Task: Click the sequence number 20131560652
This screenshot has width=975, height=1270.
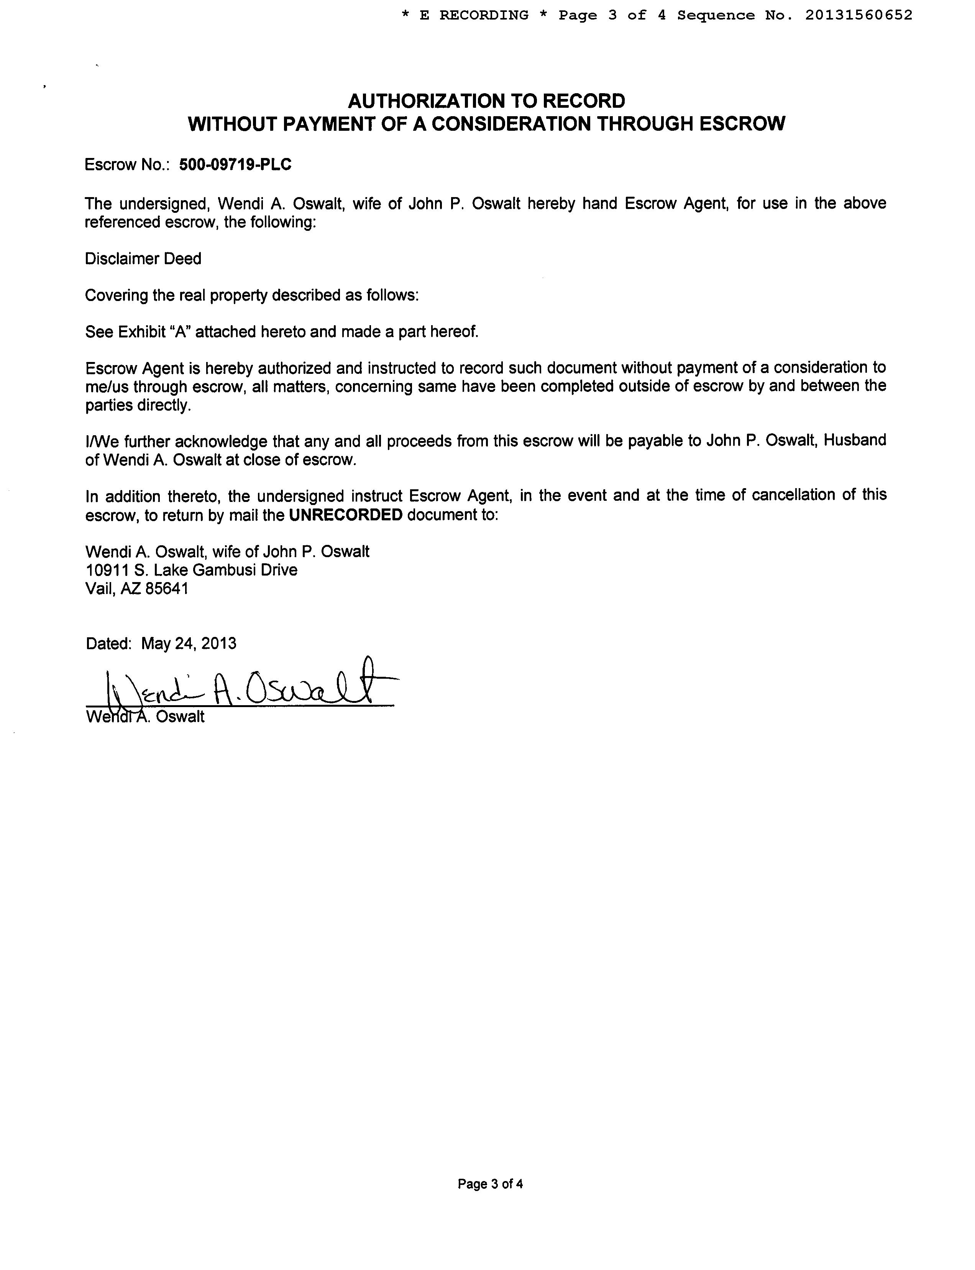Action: point(858,15)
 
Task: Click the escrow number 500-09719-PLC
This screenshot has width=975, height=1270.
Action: point(235,165)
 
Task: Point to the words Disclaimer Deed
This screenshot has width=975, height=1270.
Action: point(143,259)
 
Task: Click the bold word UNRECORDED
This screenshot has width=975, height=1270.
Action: point(345,515)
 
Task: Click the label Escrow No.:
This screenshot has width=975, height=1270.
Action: point(126,165)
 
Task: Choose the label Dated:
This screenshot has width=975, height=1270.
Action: point(108,643)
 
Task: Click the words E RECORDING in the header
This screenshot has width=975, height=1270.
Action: point(474,15)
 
